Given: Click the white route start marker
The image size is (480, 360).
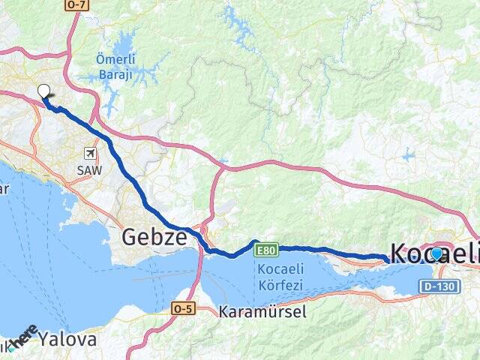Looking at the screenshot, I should click(43, 91).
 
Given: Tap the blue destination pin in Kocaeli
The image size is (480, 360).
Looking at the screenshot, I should click(436, 253).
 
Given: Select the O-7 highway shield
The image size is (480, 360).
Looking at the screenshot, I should click(76, 4).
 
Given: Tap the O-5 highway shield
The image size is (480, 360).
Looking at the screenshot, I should click(183, 307).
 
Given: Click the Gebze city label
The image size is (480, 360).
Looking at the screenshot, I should click(154, 238).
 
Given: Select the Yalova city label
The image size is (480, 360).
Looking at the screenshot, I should click(68, 339).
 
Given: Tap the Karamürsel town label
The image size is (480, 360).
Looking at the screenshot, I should click(262, 312).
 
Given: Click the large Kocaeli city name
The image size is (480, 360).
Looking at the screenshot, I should click(433, 253).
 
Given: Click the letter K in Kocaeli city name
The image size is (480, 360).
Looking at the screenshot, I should click(398, 253).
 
